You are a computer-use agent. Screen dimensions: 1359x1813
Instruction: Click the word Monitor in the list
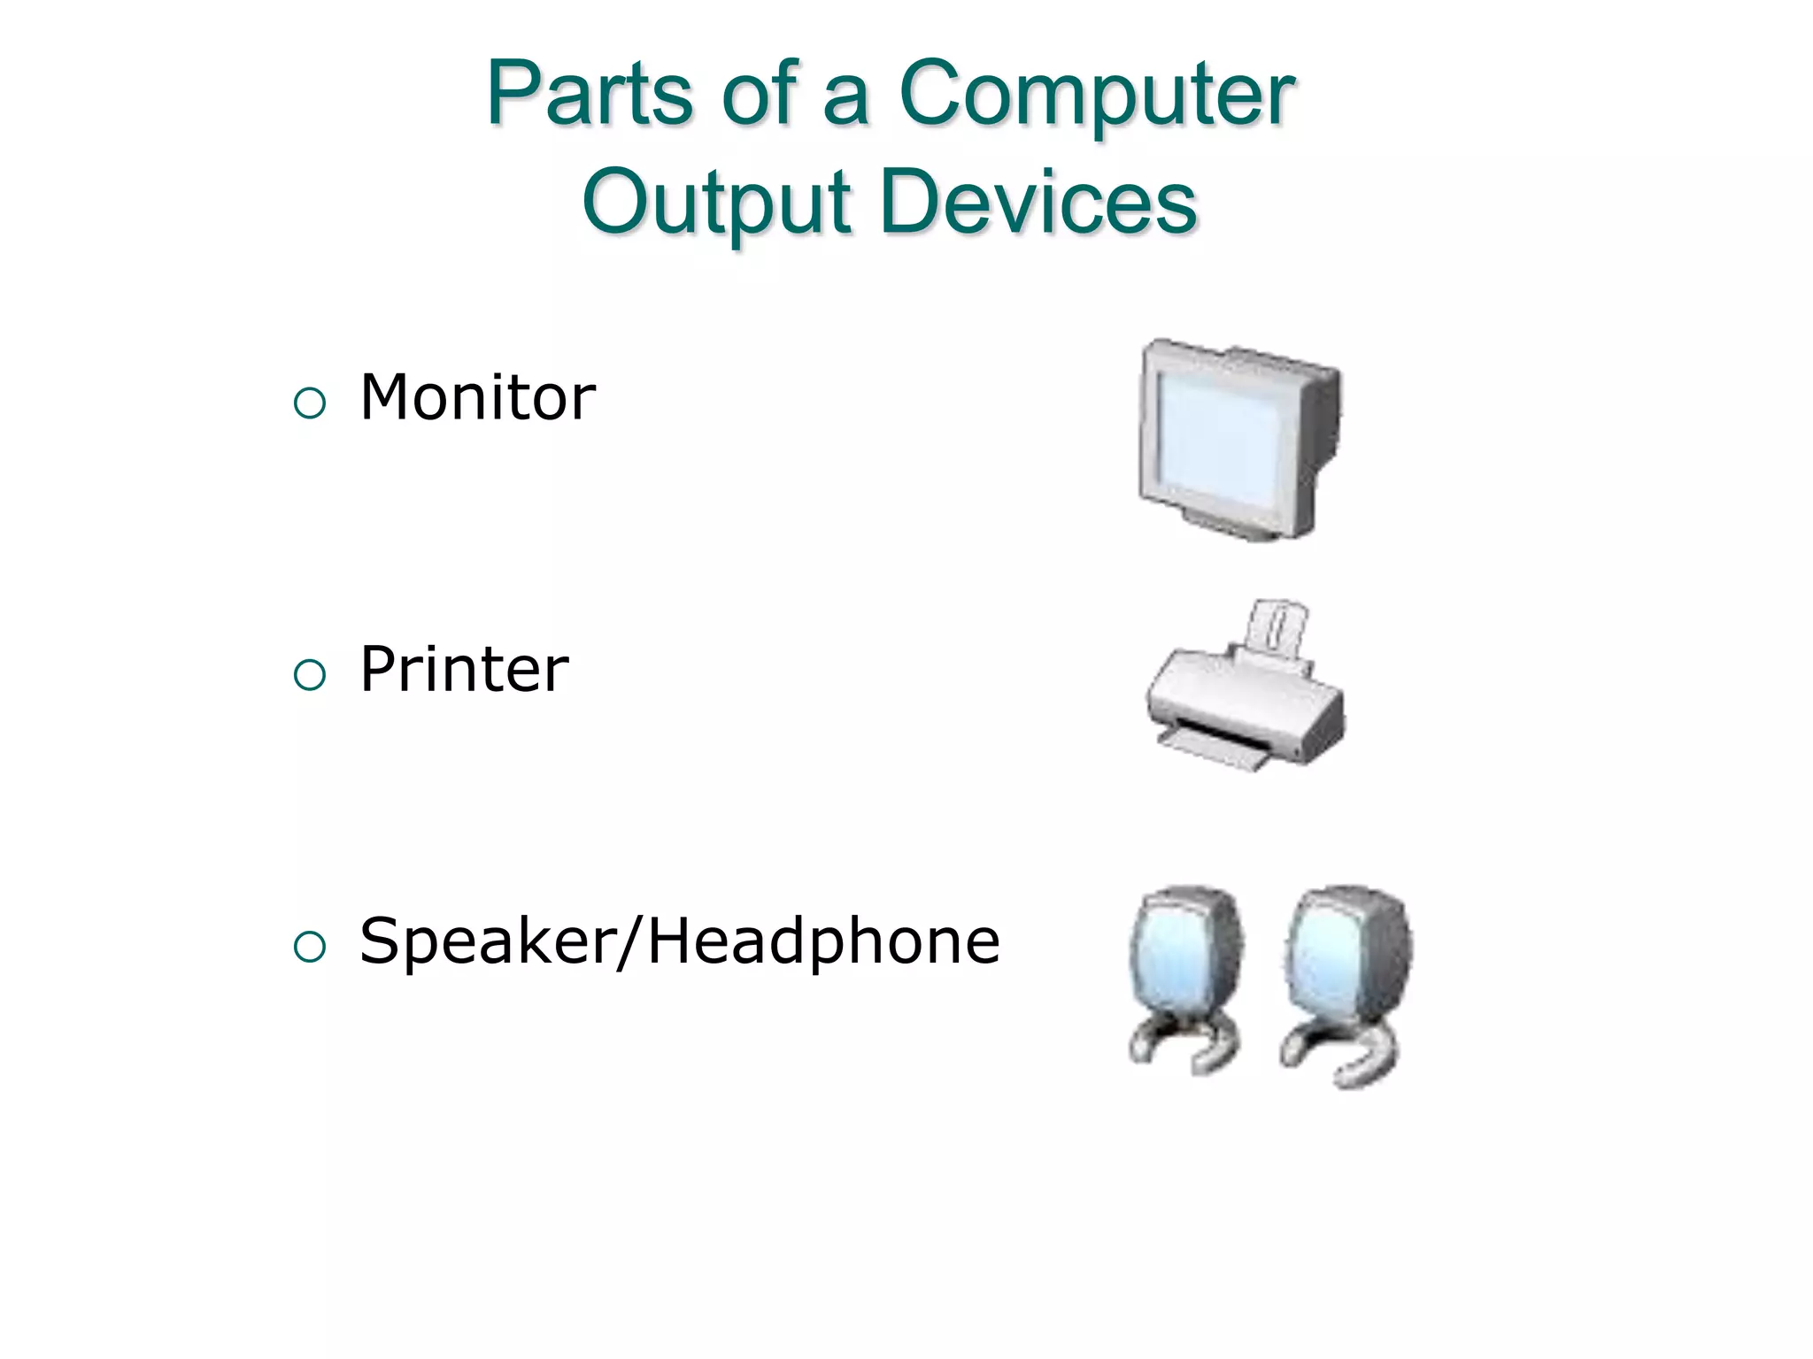tap(477, 397)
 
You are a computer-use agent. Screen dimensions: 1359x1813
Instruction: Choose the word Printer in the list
tap(464, 669)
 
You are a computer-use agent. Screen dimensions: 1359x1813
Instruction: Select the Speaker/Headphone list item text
tap(679, 941)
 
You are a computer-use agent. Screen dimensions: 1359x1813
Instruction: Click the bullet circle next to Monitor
tap(310, 404)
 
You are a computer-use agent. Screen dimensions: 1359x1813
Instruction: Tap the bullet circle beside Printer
tap(310, 676)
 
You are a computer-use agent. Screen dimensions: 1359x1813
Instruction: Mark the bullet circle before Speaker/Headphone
tap(310, 948)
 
